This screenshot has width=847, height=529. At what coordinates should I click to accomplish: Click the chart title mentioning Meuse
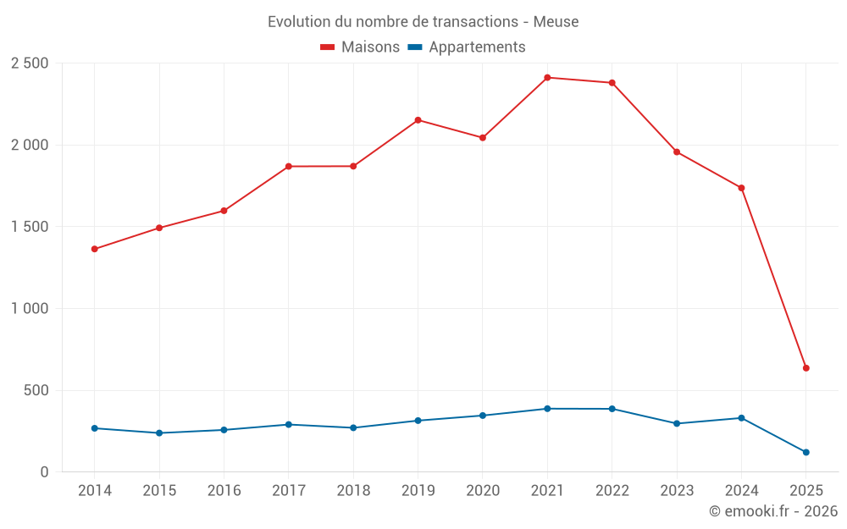coord(423,21)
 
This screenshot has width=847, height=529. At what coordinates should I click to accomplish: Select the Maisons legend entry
coord(360,47)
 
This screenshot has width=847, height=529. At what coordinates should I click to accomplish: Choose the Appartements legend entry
coord(467,47)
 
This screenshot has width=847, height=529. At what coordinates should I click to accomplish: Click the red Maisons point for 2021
coord(547,78)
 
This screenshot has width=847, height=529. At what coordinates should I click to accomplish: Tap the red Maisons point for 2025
coord(806,368)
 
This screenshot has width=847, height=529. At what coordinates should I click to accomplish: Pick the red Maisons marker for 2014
coord(95,249)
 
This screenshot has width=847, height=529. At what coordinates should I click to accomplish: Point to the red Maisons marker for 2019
coord(418,120)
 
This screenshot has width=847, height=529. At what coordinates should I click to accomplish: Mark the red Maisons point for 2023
coord(677,152)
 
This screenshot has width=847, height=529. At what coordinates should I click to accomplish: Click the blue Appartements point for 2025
coord(806,452)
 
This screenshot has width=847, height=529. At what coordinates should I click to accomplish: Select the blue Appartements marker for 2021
coord(547,409)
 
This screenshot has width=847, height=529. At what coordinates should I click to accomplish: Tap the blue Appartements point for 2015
coord(159,433)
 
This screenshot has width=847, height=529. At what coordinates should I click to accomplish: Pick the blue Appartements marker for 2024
coord(741,418)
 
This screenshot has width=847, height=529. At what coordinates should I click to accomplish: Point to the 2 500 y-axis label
coord(30,63)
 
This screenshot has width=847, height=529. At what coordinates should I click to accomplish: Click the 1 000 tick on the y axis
coord(30,309)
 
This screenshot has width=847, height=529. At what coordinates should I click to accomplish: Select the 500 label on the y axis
coord(36,390)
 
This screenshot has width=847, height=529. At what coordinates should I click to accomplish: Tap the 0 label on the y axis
coord(43,472)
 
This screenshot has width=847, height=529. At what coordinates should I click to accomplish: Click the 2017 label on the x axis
coord(289,490)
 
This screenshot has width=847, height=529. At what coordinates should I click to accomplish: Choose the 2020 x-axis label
coord(483,490)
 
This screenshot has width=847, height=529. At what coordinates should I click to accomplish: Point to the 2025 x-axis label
coord(806,490)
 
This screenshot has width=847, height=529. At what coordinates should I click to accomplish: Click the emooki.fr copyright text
coord(772,511)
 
